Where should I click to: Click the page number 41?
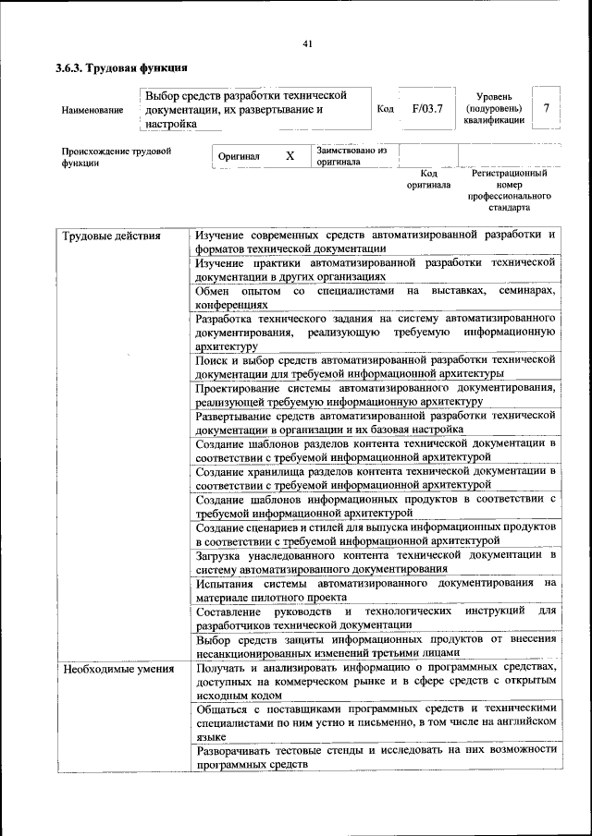[x=308, y=43]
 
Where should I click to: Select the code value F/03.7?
[x=427, y=109]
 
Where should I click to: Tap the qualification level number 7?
[x=547, y=109]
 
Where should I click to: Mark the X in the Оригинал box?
[x=290, y=156]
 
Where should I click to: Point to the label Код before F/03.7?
[x=386, y=109]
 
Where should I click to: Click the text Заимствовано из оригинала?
[x=351, y=155]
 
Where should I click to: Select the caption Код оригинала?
[x=428, y=179]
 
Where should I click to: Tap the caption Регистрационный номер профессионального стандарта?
[x=509, y=190]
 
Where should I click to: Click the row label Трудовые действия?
[x=112, y=236]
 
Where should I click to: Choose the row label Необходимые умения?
[x=117, y=667]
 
